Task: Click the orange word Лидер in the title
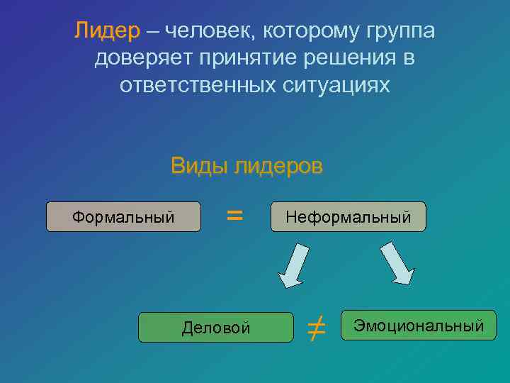[x=107, y=32]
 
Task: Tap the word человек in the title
[x=213, y=32]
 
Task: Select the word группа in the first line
[x=401, y=32]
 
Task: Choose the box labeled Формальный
[x=123, y=217]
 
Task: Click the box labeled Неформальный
[x=348, y=217]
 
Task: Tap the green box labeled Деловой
[x=215, y=327]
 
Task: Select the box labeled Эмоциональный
[x=419, y=326]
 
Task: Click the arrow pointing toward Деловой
[x=293, y=265]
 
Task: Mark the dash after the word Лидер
[x=154, y=33]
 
